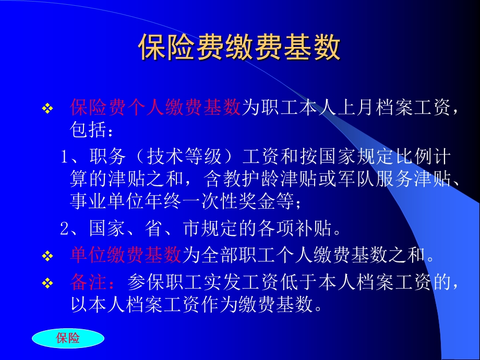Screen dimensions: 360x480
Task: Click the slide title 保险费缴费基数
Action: point(239,48)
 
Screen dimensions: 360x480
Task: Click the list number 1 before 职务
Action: point(64,157)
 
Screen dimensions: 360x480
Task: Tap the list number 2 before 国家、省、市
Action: point(64,228)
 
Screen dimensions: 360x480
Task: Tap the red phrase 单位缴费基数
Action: point(126,256)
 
